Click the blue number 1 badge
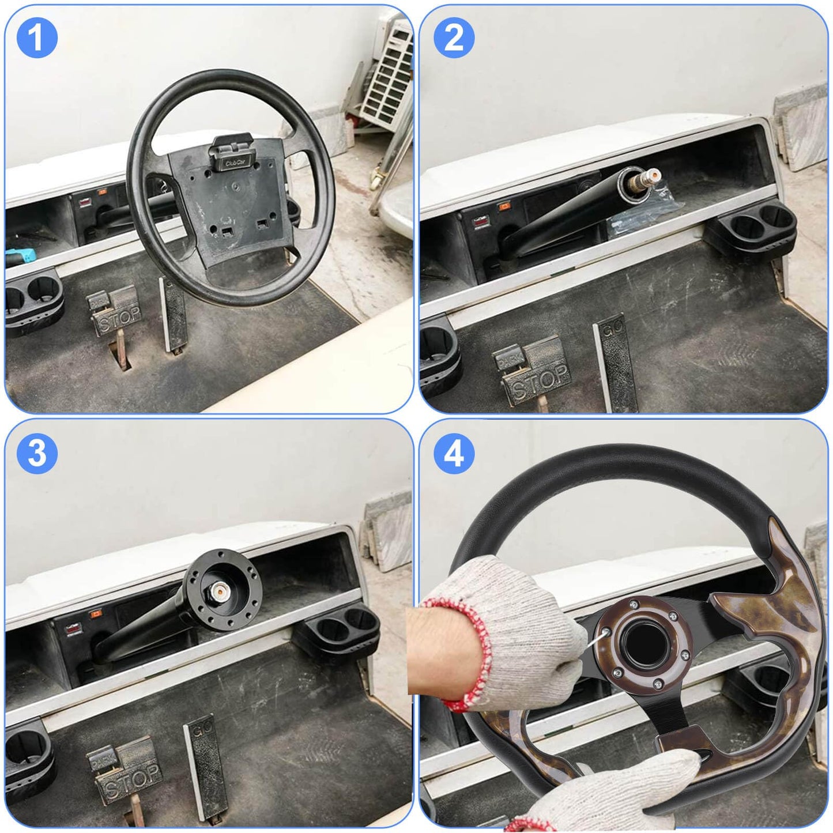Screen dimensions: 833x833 [x=37, y=38]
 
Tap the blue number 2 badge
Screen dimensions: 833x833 [x=454, y=38]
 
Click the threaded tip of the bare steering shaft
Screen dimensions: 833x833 [x=653, y=173]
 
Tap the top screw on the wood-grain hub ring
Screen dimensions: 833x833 [x=634, y=604]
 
